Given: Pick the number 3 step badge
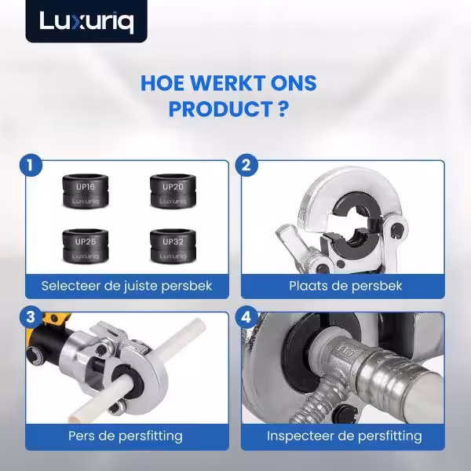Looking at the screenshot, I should click(x=30, y=317).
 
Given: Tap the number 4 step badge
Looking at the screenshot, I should click(x=246, y=317).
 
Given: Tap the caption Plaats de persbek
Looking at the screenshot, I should click(x=345, y=286).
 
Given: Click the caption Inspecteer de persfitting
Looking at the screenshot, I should click(x=345, y=436).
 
